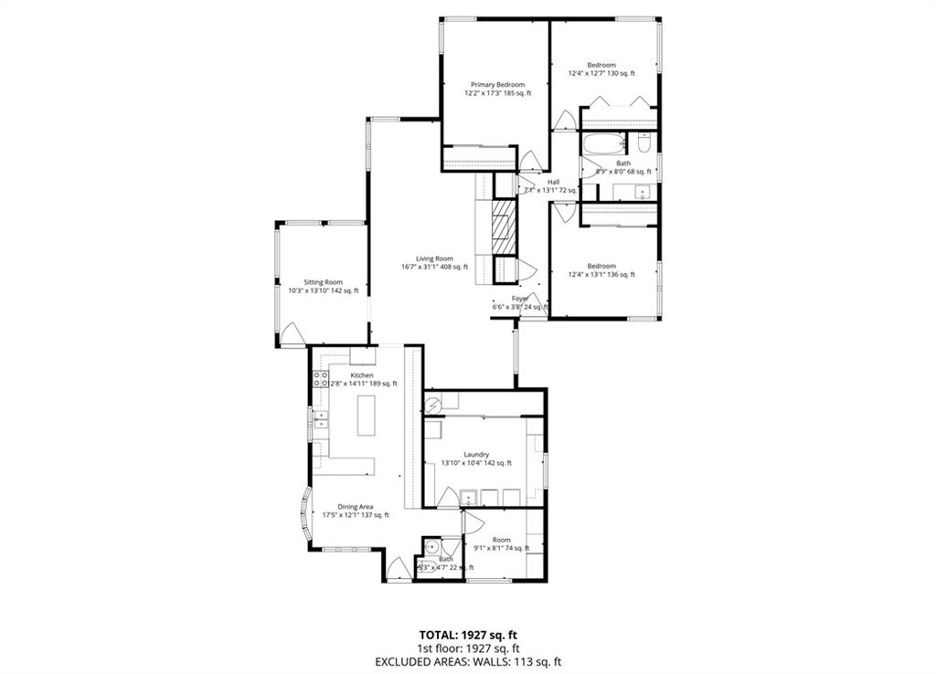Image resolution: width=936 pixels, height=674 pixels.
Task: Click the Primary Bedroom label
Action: click(x=497, y=84)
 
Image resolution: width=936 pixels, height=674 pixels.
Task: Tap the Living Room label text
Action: click(x=434, y=258)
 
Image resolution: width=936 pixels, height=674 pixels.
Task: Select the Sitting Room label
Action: click(x=323, y=282)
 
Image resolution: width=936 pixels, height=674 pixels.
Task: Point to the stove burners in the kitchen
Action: click(x=321, y=379)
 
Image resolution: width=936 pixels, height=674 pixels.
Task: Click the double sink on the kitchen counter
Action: click(x=321, y=419)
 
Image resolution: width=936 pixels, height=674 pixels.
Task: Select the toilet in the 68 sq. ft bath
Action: click(x=644, y=142)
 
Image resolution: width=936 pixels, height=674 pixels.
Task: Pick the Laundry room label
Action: click(x=476, y=454)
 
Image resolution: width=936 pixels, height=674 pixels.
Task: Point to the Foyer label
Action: click(x=520, y=299)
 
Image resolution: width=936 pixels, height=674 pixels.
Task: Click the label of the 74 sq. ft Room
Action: click(x=500, y=539)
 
